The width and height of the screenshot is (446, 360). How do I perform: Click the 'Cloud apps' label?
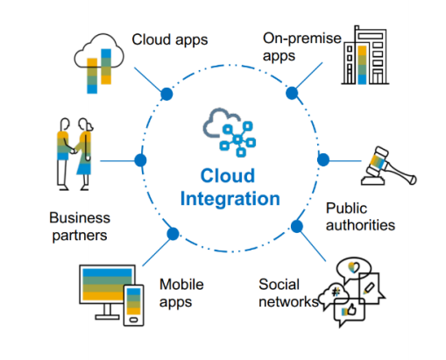[x=170, y=40]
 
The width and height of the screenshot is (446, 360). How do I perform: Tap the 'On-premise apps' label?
[x=302, y=46]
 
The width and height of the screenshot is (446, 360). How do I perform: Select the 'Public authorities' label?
[x=360, y=216]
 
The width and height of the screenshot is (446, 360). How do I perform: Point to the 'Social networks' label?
[x=288, y=293]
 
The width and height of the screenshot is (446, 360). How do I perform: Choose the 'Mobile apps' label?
[x=181, y=293]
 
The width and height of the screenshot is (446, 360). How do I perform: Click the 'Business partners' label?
[x=80, y=226]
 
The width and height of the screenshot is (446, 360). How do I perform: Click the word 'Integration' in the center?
[x=230, y=199]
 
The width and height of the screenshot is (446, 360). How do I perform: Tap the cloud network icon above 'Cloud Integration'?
[x=230, y=132]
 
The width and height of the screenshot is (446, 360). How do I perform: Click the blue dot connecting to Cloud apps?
[x=166, y=94]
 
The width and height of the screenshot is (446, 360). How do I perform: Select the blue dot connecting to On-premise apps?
[x=292, y=93]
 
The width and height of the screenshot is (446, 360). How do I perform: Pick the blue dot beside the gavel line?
[x=323, y=159]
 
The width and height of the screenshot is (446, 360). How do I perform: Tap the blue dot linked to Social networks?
[x=297, y=226]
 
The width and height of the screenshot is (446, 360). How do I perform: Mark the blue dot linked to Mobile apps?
[x=173, y=234]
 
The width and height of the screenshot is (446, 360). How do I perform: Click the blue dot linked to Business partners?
[x=140, y=160]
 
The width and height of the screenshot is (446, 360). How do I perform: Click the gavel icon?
[x=388, y=166]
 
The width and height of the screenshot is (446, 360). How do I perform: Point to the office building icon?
[x=365, y=55]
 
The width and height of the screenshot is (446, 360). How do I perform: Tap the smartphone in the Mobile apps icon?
[x=134, y=305]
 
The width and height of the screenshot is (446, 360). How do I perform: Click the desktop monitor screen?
[x=107, y=285]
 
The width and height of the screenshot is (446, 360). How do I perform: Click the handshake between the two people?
[x=74, y=151]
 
